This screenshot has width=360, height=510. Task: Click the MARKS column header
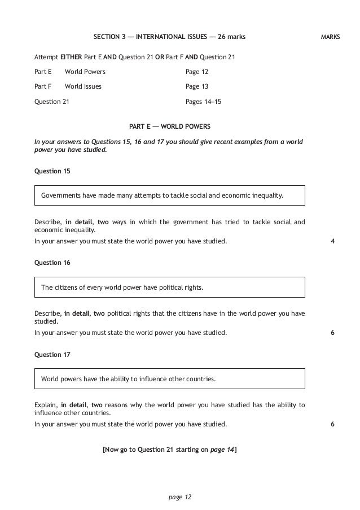coord(330,37)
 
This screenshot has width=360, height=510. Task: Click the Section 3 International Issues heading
coord(169,37)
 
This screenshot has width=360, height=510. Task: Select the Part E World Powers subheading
coord(170,125)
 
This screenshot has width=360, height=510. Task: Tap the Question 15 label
coord(52,170)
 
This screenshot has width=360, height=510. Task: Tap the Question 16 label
coord(52,262)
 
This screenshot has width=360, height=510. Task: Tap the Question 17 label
coord(52,354)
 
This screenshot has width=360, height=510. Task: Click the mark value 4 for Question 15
coord(332,241)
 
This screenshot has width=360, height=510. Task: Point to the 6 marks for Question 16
coord(332,333)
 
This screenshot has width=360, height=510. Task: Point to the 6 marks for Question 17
coord(332,425)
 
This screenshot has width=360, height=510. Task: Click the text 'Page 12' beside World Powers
coord(196,72)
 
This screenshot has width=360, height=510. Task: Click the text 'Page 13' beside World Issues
coord(196,86)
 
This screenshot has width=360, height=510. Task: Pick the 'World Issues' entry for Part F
coord(83,86)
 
